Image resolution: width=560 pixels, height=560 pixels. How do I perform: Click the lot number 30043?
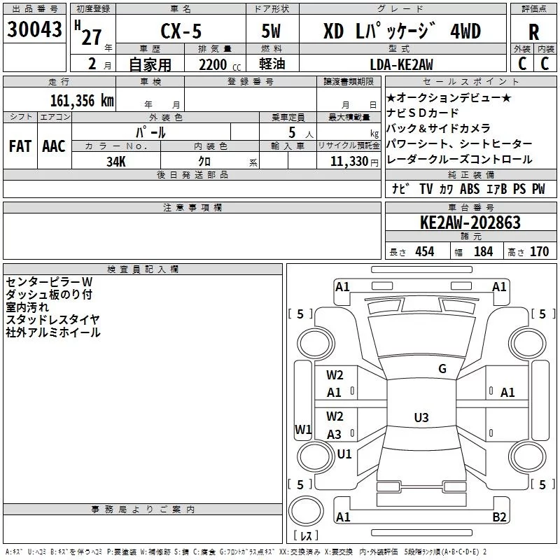tap(34, 29)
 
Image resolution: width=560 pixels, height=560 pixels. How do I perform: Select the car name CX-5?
tap(181, 31)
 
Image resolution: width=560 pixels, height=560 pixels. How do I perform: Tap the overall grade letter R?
tap(533, 32)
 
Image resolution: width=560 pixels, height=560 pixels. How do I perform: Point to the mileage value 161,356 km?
tap(82, 100)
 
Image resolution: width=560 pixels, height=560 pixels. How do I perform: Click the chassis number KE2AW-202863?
tap(470, 223)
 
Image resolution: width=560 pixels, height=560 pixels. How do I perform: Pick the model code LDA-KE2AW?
tap(401, 64)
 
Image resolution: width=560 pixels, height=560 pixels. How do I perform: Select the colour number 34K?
tap(116, 162)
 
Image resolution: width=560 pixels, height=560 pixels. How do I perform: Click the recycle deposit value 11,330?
tap(349, 162)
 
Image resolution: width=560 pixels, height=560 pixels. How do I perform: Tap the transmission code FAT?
tap(20, 146)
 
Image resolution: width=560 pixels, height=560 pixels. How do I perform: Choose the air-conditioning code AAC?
tap(54, 146)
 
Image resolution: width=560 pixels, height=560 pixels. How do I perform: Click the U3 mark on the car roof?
tap(421, 417)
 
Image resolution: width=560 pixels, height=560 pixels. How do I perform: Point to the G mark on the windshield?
tap(442, 369)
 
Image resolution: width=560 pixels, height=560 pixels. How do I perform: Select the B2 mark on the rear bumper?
tap(499, 517)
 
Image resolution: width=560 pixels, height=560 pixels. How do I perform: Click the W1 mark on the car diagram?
tap(303, 429)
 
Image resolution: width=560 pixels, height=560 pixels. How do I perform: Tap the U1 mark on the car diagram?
tap(344, 454)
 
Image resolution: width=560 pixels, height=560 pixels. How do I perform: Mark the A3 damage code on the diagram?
tap(334, 435)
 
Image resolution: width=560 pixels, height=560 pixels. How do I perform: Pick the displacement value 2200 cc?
tap(220, 65)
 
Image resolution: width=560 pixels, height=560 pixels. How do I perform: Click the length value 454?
tap(425, 251)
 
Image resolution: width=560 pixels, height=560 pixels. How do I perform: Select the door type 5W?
tap(271, 31)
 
